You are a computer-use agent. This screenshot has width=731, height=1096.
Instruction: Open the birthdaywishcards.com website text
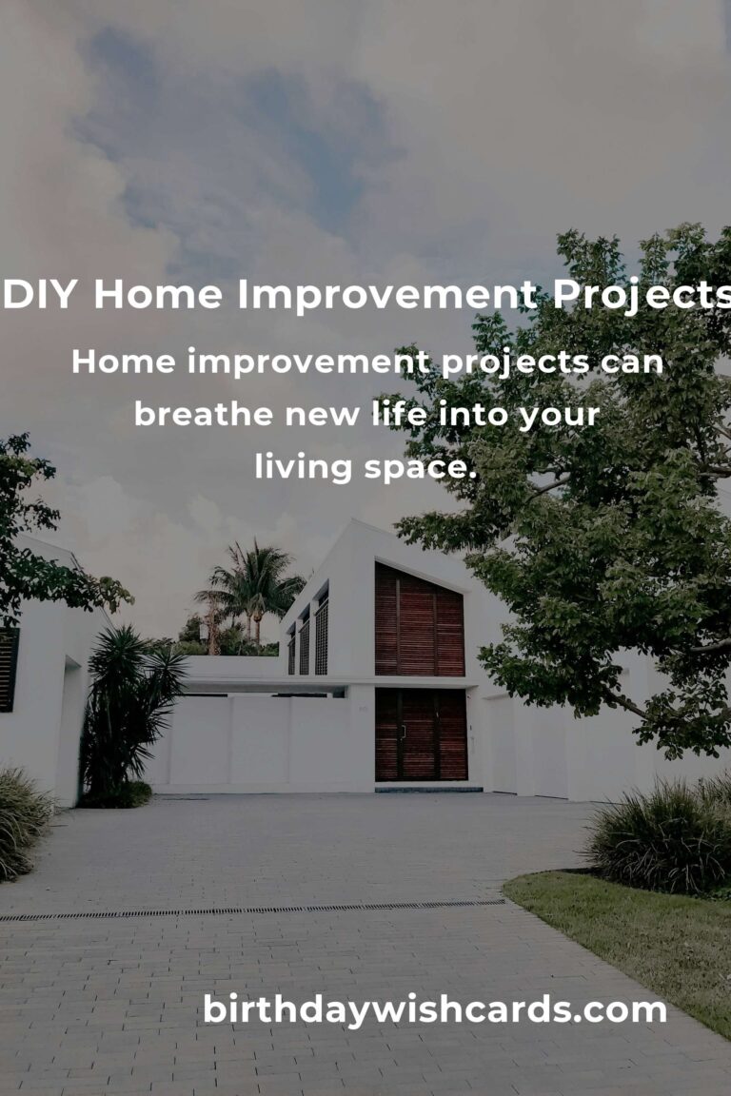point(434,1010)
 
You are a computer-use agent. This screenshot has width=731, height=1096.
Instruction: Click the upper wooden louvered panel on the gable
point(419,622)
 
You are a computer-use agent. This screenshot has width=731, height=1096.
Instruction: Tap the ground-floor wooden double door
point(420,734)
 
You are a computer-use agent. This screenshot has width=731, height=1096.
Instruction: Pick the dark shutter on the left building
point(9,669)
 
